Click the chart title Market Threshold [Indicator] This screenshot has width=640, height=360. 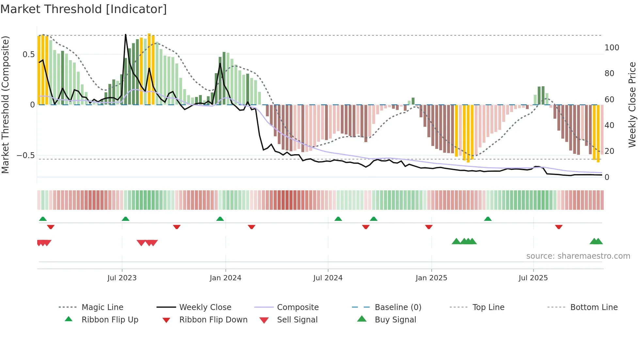(x=84, y=9)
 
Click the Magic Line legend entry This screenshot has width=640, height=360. (x=102, y=307)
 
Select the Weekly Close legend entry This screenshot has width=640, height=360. (x=205, y=307)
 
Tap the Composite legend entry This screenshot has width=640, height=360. (x=297, y=307)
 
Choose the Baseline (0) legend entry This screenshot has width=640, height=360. (x=398, y=307)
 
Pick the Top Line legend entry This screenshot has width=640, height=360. (x=488, y=307)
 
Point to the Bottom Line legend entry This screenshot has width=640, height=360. (x=594, y=307)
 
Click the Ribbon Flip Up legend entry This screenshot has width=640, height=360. (x=110, y=320)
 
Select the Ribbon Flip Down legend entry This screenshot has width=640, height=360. (x=213, y=320)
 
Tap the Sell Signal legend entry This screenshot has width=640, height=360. (x=297, y=320)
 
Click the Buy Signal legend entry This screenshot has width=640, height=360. (x=395, y=320)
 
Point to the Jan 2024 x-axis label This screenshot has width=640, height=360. (x=225, y=278)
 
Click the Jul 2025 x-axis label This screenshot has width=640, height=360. (x=533, y=278)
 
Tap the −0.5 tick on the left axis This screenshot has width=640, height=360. (x=26, y=155)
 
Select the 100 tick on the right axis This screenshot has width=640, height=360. (x=612, y=48)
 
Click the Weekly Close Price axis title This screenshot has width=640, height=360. (x=632, y=105)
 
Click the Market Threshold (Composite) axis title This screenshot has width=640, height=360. (x=5, y=105)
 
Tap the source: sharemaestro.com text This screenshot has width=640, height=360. (x=578, y=256)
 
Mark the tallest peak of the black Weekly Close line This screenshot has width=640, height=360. (x=126, y=34)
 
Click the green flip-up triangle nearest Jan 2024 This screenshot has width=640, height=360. (x=220, y=219)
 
